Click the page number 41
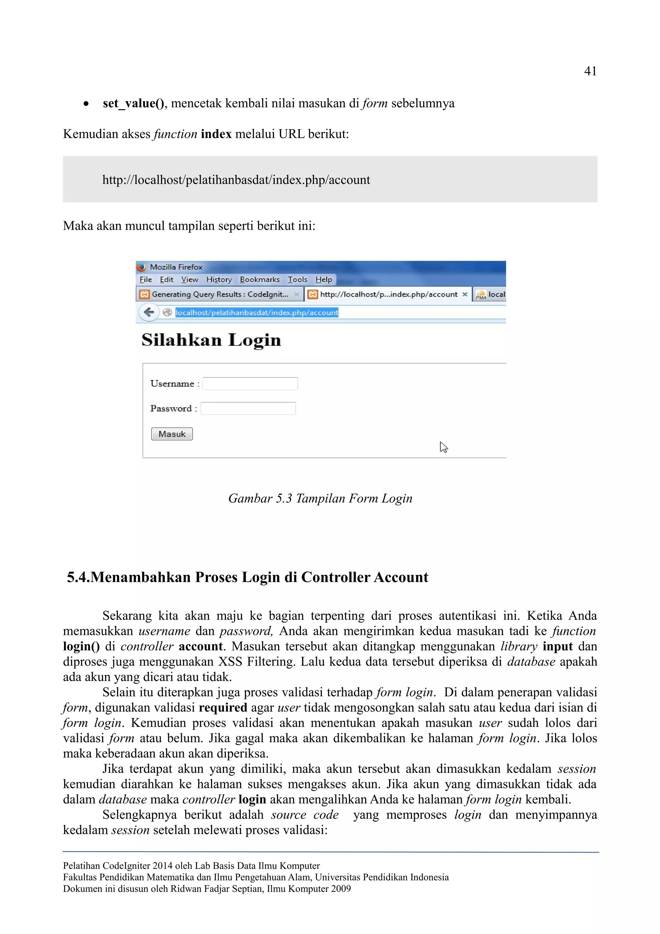[x=590, y=71]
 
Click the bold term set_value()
[x=133, y=103]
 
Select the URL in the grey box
[x=236, y=180]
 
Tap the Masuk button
[x=172, y=434]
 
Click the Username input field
[x=250, y=384]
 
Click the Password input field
[x=248, y=408]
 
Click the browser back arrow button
[x=149, y=312]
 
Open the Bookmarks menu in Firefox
[x=259, y=279]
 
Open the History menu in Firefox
[x=219, y=279]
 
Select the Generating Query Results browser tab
[x=219, y=294]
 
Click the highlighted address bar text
[x=257, y=312]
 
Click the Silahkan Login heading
[x=211, y=340]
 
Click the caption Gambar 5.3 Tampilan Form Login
[x=320, y=498]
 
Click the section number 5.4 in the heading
[x=78, y=577]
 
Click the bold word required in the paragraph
[x=223, y=707]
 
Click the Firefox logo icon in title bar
[x=141, y=267]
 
